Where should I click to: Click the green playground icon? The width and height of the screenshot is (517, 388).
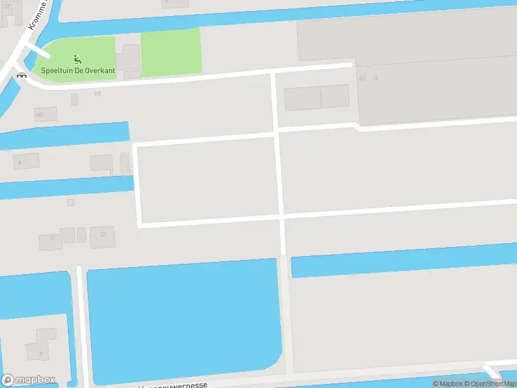[78, 60]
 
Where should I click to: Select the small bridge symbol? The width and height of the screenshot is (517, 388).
[21, 74]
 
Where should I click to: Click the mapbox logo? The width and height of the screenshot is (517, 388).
[28, 380]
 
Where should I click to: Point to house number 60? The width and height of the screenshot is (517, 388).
[362, 78]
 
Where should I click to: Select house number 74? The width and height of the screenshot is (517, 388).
[375, 78]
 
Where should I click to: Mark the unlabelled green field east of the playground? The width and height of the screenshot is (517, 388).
[171, 52]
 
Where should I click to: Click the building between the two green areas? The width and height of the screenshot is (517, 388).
[128, 58]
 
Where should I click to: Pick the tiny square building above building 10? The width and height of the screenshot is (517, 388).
[70, 202]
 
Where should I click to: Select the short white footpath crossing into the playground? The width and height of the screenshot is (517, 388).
[37, 50]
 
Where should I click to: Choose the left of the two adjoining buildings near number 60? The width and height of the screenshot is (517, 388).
[302, 98]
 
